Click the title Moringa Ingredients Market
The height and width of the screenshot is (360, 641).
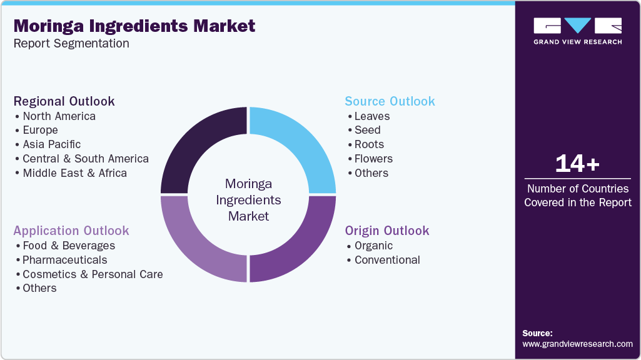pyautogui.click(x=134, y=26)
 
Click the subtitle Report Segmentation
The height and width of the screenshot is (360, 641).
pyautogui.click(x=71, y=44)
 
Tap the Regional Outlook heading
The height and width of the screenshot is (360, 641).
pyautogui.click(x=64, y=101)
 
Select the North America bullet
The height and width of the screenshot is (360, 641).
pyautogui.click(x=59, y=116)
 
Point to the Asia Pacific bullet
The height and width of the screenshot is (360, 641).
pyautogui.click(x=51, y=144)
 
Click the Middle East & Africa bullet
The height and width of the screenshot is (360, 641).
pyautogui.click(x=74, y=173)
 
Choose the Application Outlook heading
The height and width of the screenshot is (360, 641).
pyautogui.click(x=71, y=231)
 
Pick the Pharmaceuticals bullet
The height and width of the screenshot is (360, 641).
pyautogui.click(x=64, y=260)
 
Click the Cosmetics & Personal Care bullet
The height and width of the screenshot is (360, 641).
pyautogui.click(x=93, y=274)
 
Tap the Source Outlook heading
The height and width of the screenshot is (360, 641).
pyautogui.click(x=390, y=101)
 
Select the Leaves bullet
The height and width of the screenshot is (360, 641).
pyautogui.click(x=371, y=116)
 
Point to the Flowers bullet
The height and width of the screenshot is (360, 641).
pyautogui.click(x=373, y=159)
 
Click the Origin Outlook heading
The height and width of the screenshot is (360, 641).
pyautogui.click(x=387, y=231)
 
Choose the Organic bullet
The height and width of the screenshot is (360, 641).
pyautogui.click(x=373, y=246)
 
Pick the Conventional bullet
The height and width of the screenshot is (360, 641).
pyautogui.click(x=387, y=260)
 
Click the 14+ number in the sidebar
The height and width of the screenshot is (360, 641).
pyautogui.click(x=577, y=164)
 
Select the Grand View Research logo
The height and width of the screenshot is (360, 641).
pyautogui.click(x=577, y=31)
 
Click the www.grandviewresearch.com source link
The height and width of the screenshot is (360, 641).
pyautogui.click(x=577, y=344)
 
